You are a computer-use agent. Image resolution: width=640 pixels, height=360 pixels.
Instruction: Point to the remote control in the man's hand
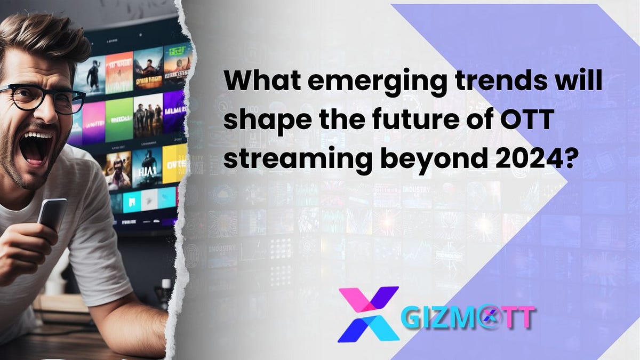52,213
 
